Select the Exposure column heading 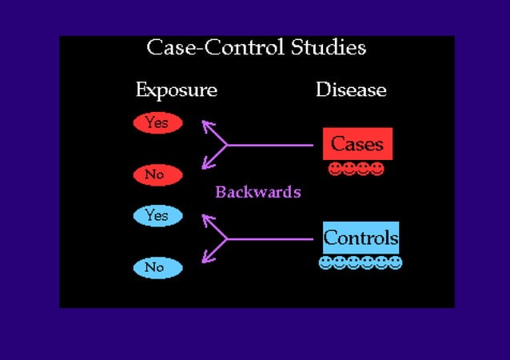176,90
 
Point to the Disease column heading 351,90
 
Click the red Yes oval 157,123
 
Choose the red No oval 157,174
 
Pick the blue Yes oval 157,215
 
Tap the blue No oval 157,267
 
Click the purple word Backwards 257,192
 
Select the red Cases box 357,144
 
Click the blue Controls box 361,238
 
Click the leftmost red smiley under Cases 335,169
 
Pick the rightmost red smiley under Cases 377,169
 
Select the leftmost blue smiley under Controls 325,262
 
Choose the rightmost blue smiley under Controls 396,262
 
